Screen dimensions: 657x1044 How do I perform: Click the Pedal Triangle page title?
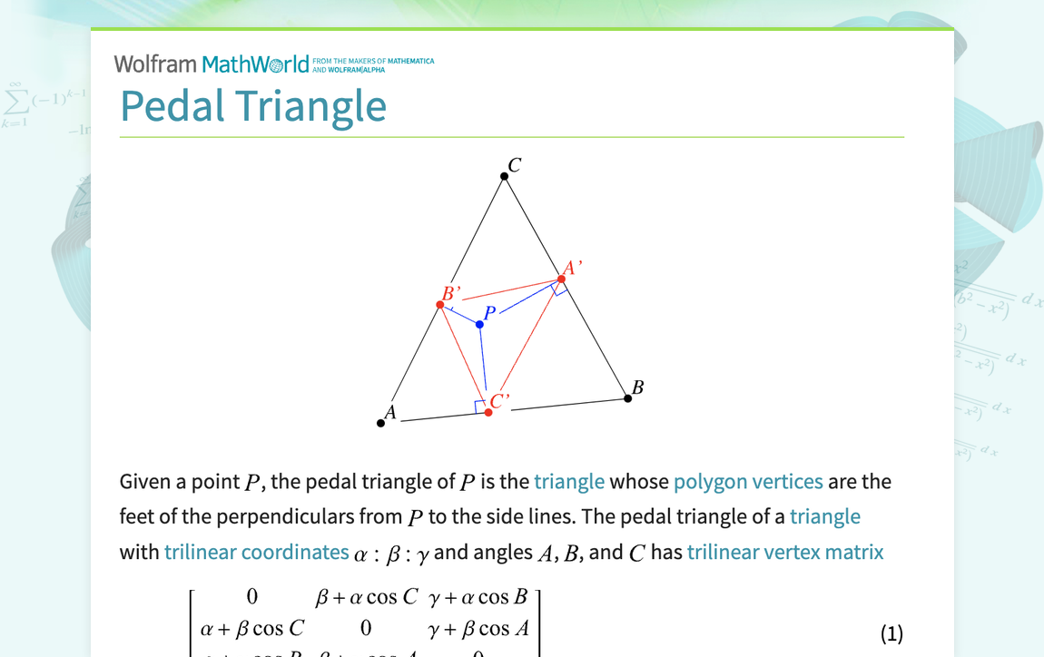253,105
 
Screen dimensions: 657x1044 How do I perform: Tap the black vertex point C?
505,176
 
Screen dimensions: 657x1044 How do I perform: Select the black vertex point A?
381,423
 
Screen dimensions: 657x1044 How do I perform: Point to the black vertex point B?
628,398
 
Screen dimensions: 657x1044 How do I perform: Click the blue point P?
479,324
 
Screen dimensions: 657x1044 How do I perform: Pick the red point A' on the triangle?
562,279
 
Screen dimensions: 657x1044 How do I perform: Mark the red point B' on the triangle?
440,305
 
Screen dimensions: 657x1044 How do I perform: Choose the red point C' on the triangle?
488,412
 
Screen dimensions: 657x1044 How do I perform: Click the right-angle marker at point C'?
480,407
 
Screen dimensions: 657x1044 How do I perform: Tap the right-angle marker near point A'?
561,289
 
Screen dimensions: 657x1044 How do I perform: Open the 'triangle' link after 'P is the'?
569,481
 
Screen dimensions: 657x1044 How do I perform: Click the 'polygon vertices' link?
748,481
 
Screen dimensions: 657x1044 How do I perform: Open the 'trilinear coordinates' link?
256,552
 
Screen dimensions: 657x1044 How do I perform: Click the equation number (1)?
892,632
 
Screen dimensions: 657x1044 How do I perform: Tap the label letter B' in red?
451,293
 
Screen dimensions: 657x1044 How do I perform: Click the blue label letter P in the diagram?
490,313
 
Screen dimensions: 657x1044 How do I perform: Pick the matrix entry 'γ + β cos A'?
478,628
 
